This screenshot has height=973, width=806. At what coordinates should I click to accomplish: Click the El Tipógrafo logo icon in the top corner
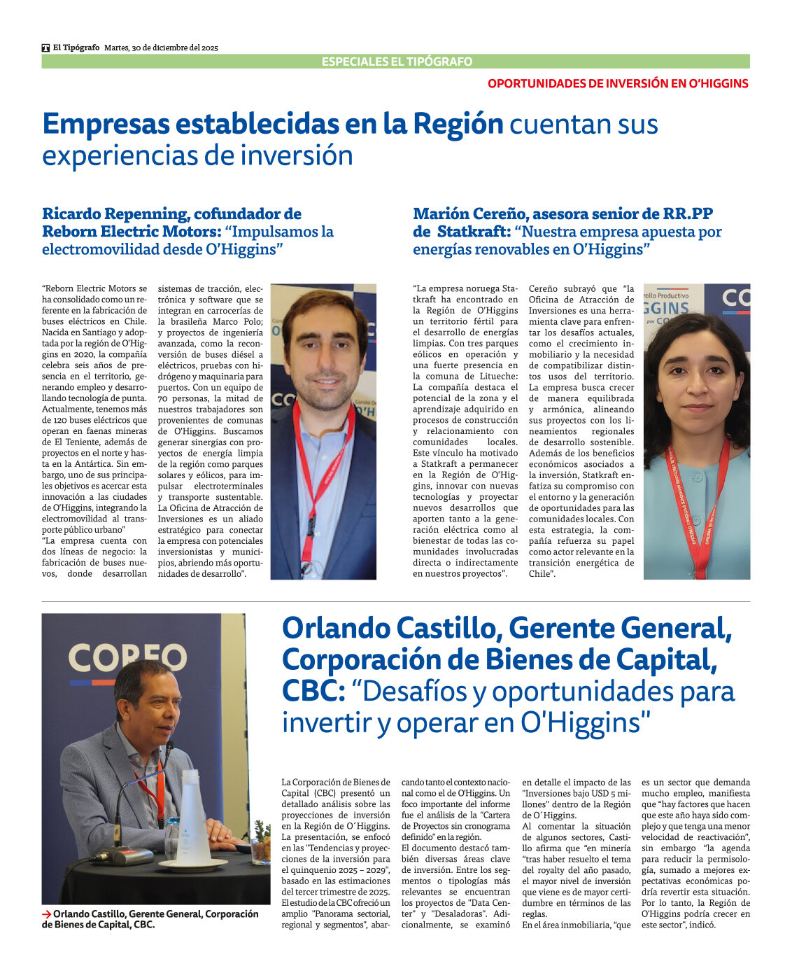(x=45, y=48)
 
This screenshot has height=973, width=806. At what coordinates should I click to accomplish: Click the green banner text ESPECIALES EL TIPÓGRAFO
(x=397, y=62)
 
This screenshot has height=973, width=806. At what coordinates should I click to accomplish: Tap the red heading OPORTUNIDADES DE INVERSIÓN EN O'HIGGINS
(x=618, y=83)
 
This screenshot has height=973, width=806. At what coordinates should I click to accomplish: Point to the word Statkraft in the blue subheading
(x=473, y=232)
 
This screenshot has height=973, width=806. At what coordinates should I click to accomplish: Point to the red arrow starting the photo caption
(x=46, y=914)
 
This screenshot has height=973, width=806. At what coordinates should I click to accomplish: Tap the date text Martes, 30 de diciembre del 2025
(x=161, y=48)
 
